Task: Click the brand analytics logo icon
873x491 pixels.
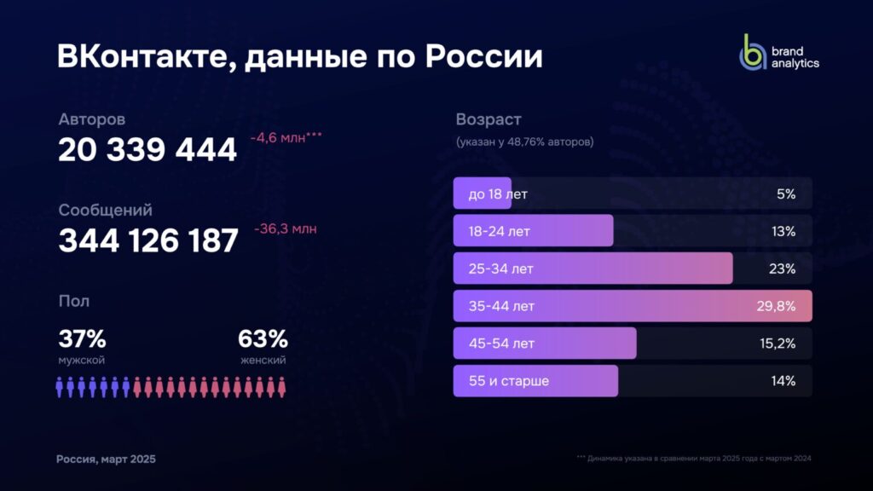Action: click(752, 53)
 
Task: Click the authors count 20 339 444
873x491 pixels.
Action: click(147, 151)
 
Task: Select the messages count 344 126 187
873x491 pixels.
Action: click(147, 241)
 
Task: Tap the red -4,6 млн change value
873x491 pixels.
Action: click(286, 137)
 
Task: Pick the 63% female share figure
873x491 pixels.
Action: click(263, 338)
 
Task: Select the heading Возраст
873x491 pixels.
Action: click(488, 119)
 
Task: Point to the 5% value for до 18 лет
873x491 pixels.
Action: click(785, 194)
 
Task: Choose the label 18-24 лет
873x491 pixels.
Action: click(500, 231)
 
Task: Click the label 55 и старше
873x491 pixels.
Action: click(508, 381)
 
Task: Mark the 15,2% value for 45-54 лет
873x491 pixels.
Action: click(777, 344)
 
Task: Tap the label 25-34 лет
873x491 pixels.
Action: click(500, 269)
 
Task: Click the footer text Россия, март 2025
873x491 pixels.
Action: click(106, 459)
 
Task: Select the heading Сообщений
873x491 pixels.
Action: click(105, 210)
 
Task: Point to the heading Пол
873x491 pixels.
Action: click(73, 301)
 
